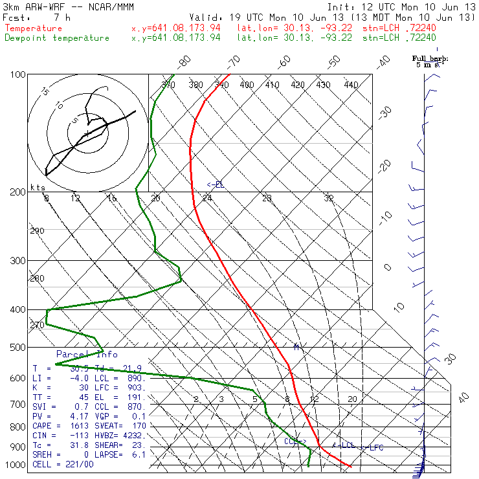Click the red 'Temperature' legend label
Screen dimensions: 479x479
[x=34, y=28]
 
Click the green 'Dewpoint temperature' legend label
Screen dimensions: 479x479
[x=57, y=38]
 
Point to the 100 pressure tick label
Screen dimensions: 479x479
[x=17, y=75]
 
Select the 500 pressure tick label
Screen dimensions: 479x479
[x=17, y=348]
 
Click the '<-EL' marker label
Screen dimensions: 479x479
[x=216, y=185]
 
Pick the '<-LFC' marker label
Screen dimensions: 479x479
[x=373, y=447]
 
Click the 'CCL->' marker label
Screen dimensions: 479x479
[x=295, y=441]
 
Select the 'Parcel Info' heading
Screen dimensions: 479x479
[x=87, y=354]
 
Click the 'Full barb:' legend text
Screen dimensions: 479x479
[x=430, y=59]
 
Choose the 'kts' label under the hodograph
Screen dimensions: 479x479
[x=38, y=188]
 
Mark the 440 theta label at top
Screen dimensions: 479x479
[x=351, y=85]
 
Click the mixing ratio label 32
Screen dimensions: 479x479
[x=329, y=198]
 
